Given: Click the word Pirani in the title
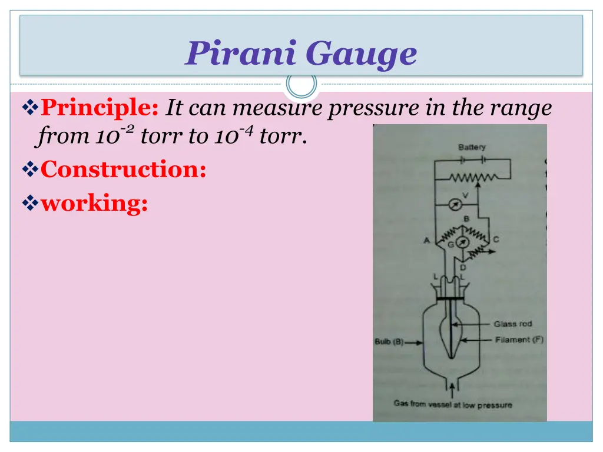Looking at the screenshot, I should click(x=241, y=54).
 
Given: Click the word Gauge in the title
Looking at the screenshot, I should click(x=361, y=55).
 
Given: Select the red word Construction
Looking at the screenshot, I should click(x=124, y=170).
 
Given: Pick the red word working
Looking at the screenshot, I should click(x=94, y=204).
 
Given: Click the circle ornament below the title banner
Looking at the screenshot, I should click(x=301, y=85).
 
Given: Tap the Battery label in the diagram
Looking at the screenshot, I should click(x=472, y=147).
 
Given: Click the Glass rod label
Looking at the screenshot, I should click(x=512, y=324).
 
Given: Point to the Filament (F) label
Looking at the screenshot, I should click(x=519, y=340).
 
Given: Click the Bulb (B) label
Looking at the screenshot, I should click(x=389, y=341).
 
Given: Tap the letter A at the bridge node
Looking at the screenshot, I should click(x=426, y=240).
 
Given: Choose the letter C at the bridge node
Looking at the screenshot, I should click(x=496, y=240).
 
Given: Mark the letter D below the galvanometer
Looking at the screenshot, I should click(x=463, y=267).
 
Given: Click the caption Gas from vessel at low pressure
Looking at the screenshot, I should click(x=452, y=404).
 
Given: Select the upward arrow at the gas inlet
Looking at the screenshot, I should click(x=452, y=389).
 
